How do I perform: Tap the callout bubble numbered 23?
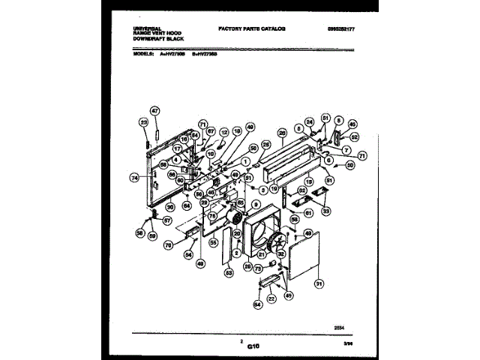click(x=142, y=121)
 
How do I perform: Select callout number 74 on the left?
click(x=134, y=178)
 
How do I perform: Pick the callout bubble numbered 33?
click(x=325, y=211)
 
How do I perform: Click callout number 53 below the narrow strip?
click(x=228, y=273)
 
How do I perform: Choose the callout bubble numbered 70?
click(x=169, y=244)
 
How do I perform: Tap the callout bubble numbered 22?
click(x=271, y=298)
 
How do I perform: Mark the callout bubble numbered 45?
click(x=352, y=124)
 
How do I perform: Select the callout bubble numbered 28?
click(x=282, y=133)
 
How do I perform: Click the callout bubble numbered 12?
click(x=223, y=131)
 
